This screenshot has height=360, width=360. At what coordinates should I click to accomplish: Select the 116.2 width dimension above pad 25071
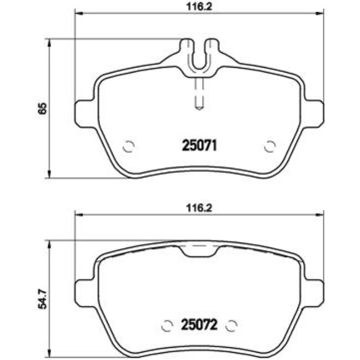click(198, 7)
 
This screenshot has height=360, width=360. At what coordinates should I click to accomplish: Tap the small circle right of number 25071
click(270, 147)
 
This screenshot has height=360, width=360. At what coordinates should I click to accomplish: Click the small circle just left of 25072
click(166, 325)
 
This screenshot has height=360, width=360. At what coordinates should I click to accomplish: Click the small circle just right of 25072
click(233, 325)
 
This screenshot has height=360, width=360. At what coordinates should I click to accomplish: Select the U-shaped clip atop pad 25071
click(198, 55)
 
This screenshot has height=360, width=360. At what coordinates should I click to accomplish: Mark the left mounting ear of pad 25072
click(83, 289)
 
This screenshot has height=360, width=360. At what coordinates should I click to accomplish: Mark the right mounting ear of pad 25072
click(314, 289)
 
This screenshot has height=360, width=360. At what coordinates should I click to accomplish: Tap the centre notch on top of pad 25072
click(198, 251)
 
